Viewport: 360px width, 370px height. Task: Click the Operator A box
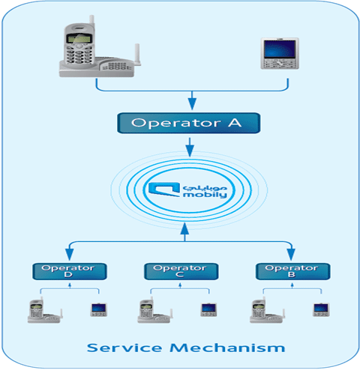(x=189, y=123)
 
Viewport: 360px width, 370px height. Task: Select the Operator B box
(x=292, y=271)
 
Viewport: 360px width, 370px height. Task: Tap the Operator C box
(x=181, y=271)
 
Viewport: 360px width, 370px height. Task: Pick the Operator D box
(x=70, y=271)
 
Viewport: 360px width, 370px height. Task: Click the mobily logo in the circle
(x=187, y=190)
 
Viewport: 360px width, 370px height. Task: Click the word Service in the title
(x=124, y=348)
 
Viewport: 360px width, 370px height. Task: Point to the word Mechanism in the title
(x=227, y=348)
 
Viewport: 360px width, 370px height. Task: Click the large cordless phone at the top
(x=100, y=46)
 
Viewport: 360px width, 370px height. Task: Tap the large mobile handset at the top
(x=280, y=53)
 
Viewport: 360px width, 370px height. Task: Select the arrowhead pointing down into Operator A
(x=192, y=103)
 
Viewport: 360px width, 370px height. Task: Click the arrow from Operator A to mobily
(x=190, y=148)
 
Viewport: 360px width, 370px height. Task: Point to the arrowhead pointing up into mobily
(x=184, y=228)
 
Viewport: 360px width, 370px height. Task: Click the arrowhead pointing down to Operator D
(x=70, y=254)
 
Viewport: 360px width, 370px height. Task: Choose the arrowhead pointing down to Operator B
(x=291, y=254)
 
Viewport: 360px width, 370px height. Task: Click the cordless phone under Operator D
(x=45, y=310)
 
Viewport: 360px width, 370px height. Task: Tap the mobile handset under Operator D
(x=99, y=309)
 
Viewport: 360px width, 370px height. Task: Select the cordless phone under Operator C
(x=155, y=310)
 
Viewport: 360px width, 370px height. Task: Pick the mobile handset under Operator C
(x=208, y=309)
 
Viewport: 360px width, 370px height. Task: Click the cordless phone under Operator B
(x=267, y=310)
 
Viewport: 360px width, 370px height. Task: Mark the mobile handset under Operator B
(x=321, y=309)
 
